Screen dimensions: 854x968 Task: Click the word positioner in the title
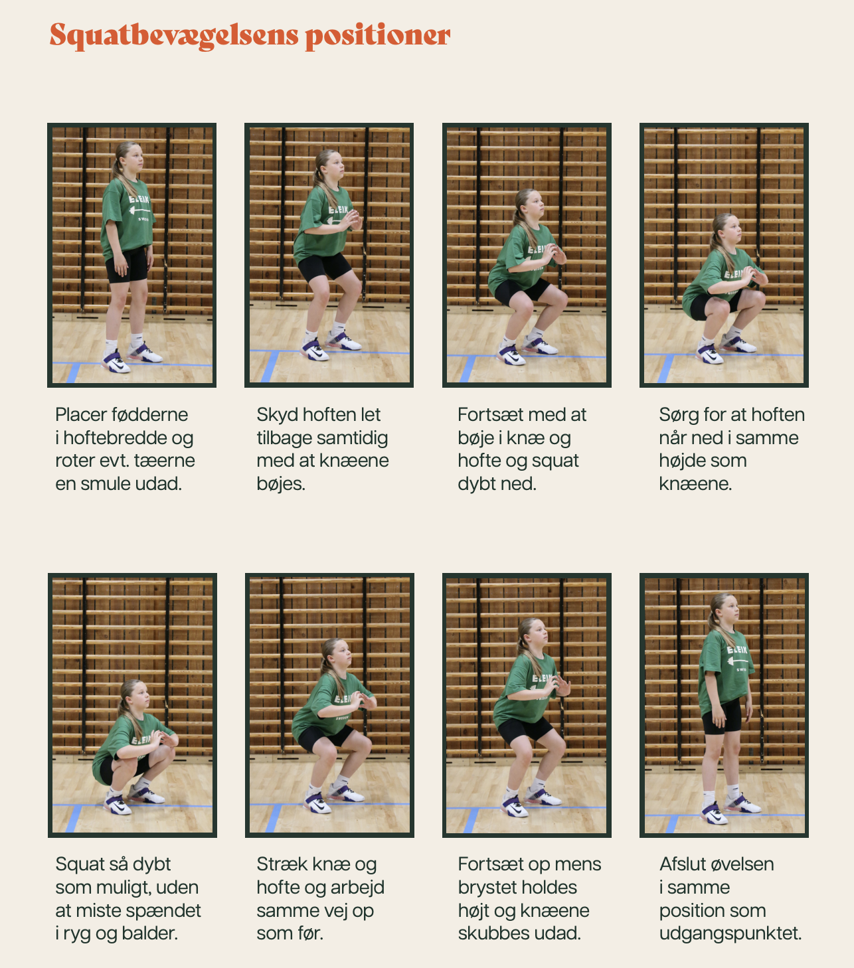(x=378, y=36)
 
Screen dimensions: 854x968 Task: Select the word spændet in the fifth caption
(x=165, y=911)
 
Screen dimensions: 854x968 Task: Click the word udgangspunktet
(x=730, y=933)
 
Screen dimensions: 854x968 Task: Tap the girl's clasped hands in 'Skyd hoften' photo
(x=352, y=219)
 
